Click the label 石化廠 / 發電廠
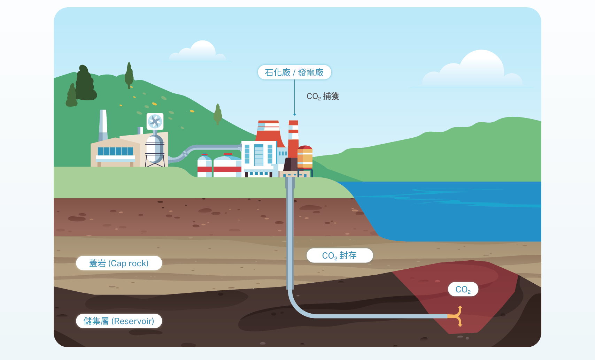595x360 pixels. click(x=294, y=72)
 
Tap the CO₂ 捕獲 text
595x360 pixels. click(x=323, y=96)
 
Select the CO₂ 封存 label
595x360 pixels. click(x=339, y=255)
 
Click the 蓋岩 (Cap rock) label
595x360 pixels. click(x=119, y=263)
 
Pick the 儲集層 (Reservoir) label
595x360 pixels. click(x=119, y=321)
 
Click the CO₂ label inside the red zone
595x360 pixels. click(x=463, y=289)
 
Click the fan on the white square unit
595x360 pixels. click(x=155, y=121)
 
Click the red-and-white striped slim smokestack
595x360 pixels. click(x=293, y=139)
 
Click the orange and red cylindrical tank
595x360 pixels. click(x=305, y=157)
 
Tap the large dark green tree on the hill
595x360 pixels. click(x=85, y=83)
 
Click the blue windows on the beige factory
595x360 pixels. click(x=115, y=151)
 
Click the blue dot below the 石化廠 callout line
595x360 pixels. click(x=294, y=115)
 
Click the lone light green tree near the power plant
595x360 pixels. click(x=218, y=114)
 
